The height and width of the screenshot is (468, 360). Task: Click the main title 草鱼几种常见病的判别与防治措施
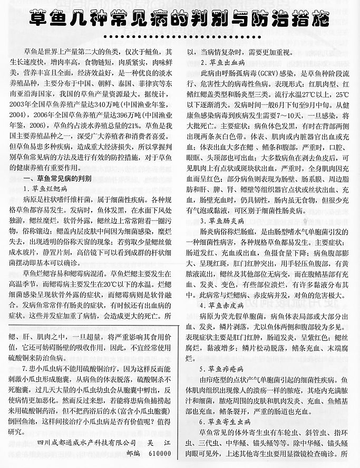[180, 20]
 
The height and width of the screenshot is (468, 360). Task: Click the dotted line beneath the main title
[180, 36]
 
